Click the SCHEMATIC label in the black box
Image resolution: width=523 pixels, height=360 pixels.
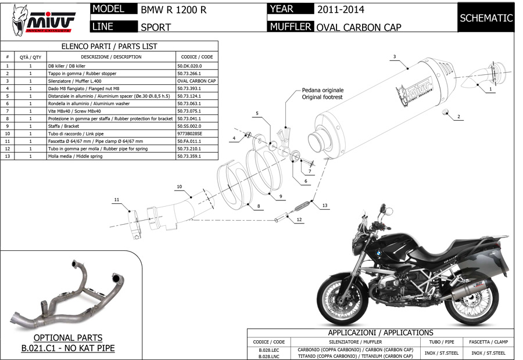coord(486,18)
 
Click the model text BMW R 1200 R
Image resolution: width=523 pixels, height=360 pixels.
coord(173,10)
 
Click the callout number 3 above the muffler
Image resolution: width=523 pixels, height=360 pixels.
coord(395,56)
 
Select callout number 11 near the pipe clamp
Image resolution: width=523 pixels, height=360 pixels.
coord(116,200)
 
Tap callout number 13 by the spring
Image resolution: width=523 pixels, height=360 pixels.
coord(324,206)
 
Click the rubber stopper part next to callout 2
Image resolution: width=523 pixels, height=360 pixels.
coord(446,111)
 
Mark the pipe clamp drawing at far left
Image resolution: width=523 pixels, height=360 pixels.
coord(137,225)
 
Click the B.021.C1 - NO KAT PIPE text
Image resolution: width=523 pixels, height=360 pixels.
coord(68,348)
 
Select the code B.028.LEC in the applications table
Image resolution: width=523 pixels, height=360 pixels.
coord(268,350)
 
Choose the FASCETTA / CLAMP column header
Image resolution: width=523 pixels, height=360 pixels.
coord(488,342)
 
